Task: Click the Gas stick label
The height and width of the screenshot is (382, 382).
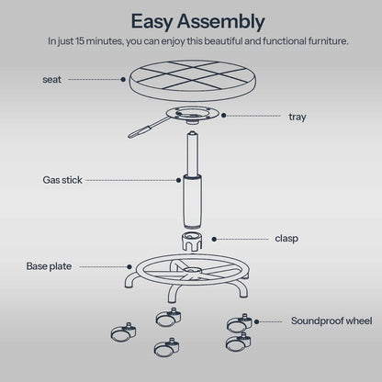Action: pos(61,181)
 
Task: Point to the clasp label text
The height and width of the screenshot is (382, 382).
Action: pos(286,239)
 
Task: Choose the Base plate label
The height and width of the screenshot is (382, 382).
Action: pos(49,266)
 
